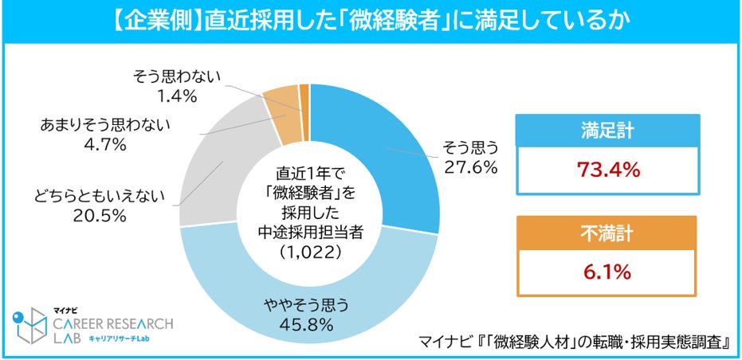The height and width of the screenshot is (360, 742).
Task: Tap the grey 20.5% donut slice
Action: pyautogui.click(x=213, y=175)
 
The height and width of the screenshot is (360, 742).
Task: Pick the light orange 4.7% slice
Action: pyautogui.click(x=282, y=116)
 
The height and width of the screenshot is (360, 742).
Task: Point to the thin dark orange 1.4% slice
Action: pyautogui.click(x=304, y=112)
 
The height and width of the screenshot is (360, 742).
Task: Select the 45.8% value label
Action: pyautogui.click(x=308, y=325)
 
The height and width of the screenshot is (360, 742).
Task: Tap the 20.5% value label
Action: pyautogui.click(x=100, y=216)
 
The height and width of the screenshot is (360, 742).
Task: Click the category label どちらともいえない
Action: pyautogui.click(x=99, y=196)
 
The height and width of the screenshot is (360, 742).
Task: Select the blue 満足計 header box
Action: pyautogui.click(x=608, y=131)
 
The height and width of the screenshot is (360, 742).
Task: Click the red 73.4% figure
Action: pyautogui.click(x=608, y=170)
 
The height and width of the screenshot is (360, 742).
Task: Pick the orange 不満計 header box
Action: pyautogui.click(x=607, y=233)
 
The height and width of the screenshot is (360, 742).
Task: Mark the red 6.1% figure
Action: pyautogui.click(x=607, y=272)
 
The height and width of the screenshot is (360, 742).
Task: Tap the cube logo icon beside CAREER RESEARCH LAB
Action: pyautogui.click(x=29, y=326)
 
